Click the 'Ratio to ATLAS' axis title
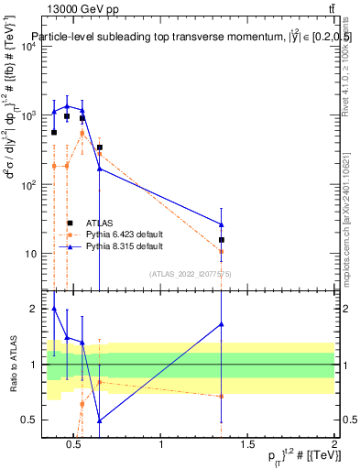point(12,365)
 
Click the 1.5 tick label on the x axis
point(247,445)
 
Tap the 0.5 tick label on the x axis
point(75,445)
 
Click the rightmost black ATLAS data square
point(222,240)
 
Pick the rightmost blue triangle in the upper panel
point(222,224)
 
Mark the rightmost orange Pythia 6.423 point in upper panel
point(222,251)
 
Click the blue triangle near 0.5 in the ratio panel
point(99,420)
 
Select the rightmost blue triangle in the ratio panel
point(222,324)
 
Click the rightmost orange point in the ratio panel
point(222,396)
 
